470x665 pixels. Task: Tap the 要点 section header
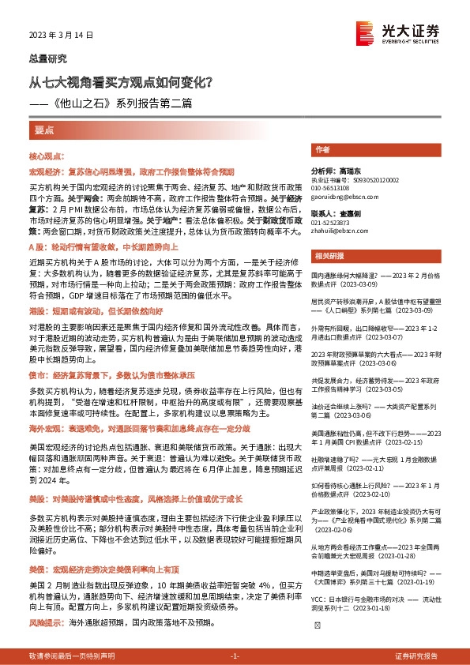coord(45,129)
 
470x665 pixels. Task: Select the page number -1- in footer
coord(234,656)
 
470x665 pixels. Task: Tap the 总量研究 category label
coord(48,58)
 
